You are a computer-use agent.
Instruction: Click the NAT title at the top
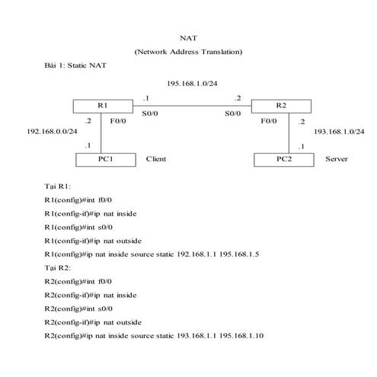click(x=188, y=37)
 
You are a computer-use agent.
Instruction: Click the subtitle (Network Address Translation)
click(x=188, y=52)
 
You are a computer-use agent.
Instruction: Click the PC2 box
click(x=283, y=159)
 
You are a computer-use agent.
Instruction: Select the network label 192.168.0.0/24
click(x=53, y=131)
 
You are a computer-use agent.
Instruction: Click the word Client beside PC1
click(x=155, y=159)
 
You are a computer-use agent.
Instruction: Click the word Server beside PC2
click(x=336, y=159)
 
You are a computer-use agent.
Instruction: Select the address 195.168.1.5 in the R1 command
click(x=239, y=254)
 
